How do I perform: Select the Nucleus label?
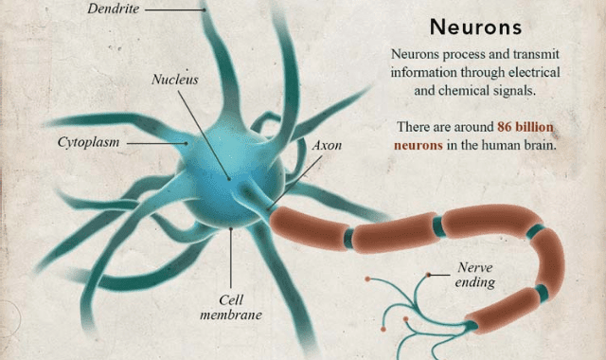click(175, 80)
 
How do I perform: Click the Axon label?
click(328, 147)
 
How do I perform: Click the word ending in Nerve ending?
click(475, 282)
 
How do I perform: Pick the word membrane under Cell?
click(230, 315)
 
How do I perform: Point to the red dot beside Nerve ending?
click(429, 275)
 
